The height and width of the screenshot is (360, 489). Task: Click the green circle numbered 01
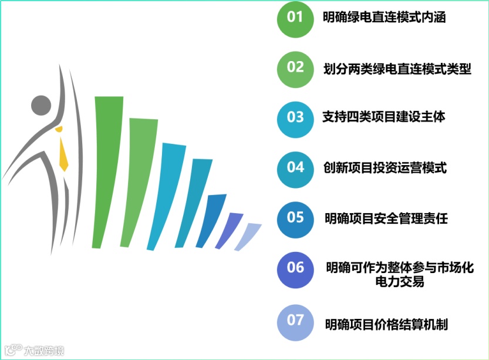point(295,18)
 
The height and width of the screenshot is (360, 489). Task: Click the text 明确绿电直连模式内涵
point(384,18)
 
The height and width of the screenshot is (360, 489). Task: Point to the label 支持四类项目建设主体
point(384,117)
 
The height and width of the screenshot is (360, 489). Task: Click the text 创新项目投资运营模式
point(385,168)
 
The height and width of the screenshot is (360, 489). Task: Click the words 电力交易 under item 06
point(399,282)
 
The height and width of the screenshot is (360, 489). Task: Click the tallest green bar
point(108,170)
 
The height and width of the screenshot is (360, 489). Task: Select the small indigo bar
point(230,229)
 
